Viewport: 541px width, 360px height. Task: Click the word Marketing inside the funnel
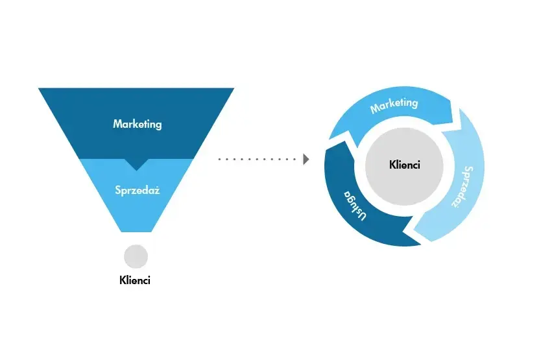click(x=137, y=123)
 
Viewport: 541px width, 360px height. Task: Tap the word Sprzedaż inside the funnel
click(x=137, y=191)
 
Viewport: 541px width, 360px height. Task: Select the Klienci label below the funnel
click(x=136, y=281)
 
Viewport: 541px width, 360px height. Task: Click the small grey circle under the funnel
click(x=136, y=256)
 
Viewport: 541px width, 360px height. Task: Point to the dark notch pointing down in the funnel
click(x=136, y=165)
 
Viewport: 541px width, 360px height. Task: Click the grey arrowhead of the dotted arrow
click(x=306, y=158)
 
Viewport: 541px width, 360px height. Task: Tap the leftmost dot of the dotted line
click(x=219, y=158)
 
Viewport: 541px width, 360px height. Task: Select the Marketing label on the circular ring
click(x=394, y=104)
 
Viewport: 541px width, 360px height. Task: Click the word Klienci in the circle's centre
click(x=405, y=165)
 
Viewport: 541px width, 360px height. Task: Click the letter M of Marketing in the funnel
click(x=117, y=123)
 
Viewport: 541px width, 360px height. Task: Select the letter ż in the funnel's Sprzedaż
click(x=157, y=191)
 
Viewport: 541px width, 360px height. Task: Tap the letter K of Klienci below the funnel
click(x=123, y=281)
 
